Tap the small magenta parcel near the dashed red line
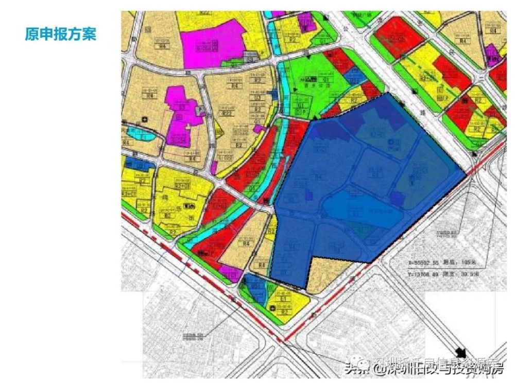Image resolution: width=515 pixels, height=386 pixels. coord(230,273)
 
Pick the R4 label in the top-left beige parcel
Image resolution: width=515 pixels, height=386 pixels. coord(149,46)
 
